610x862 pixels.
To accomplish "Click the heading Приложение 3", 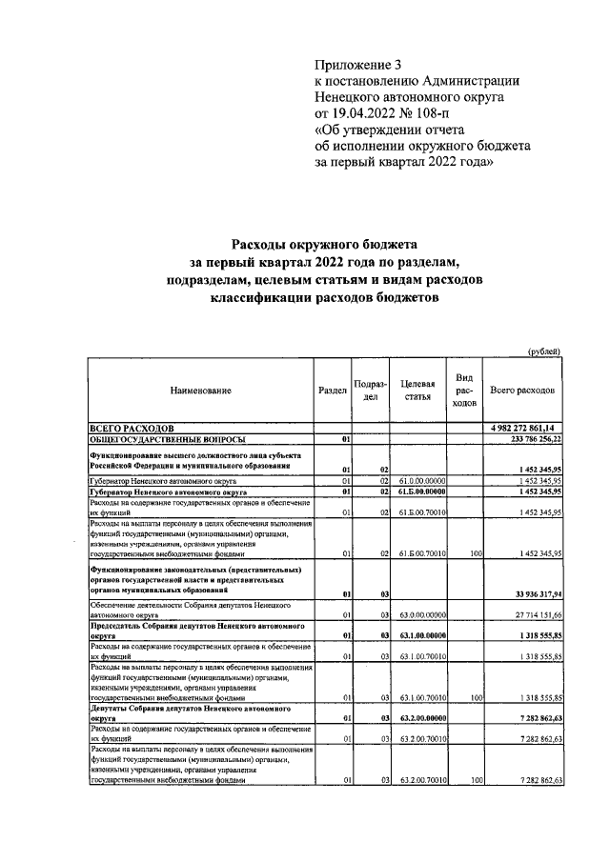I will [358, 66].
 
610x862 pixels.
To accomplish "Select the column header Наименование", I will [200, 391].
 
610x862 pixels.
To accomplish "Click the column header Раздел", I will [332, 391].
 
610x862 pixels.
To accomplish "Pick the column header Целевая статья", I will [417, 391].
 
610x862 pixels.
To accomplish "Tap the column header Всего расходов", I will [523, 391].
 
